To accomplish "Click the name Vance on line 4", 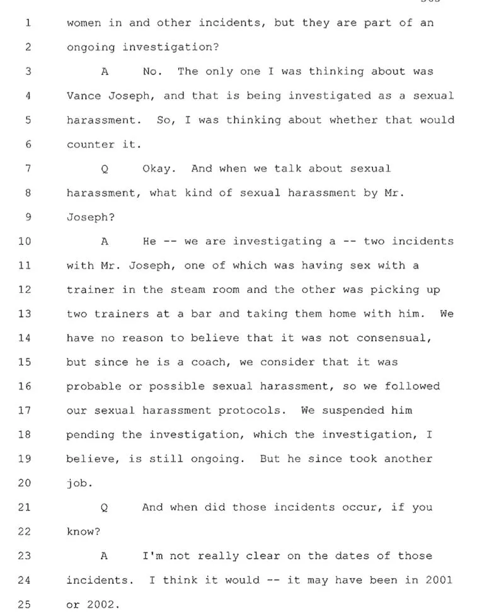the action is pyautogui.click(x=84, y=96).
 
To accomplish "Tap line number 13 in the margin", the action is pyautogui.click(x=25, y=314).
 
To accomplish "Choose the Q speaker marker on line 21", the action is pyautogui.click(x=104, y=508).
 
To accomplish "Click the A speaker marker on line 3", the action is pyautogui.click(x=105, y=72).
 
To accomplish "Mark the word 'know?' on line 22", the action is pyautogui.click(x=83, y=532).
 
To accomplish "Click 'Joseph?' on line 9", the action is pyautogui.click(x=91, y=217).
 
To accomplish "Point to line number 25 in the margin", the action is pyautogui.click(x=25, y=604).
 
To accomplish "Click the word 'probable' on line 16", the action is pyautogui.click(x=94, y=387).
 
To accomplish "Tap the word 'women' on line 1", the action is pyautogui.click(x=84, y=23).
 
